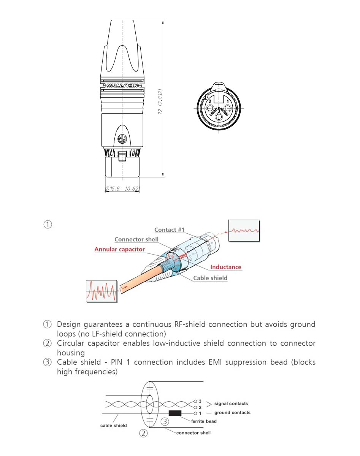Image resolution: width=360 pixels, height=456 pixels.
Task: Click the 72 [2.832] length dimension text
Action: click(x=161, y=101)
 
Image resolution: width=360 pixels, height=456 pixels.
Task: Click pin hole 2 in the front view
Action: click(x=210, y=102)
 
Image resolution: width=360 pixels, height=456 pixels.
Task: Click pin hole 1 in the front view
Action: click(x=227, y=102)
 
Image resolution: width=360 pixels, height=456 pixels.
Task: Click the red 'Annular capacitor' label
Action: click(x=119, y=249)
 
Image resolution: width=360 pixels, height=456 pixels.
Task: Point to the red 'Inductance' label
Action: click(x=226, y=267)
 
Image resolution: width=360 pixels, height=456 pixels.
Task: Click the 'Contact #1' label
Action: click(x=169, y=230)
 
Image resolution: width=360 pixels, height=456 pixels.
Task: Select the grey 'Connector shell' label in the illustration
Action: click(x=136, y=239)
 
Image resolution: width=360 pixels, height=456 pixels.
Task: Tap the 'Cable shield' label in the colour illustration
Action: click(x=210, y=278)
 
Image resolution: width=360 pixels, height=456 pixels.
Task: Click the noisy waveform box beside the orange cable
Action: click(x=101, y=291)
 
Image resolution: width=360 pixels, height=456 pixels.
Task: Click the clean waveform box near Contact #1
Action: click(x=244, y=231)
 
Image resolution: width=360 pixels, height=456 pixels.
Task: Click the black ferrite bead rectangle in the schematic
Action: click(x=175, y=413)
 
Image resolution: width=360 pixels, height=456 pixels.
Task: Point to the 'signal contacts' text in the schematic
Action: click(x=231, y=404)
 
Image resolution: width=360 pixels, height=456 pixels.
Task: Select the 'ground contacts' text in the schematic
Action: click(x=232, y=413)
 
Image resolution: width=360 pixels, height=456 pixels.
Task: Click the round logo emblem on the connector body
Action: click(x=122, y=139)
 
